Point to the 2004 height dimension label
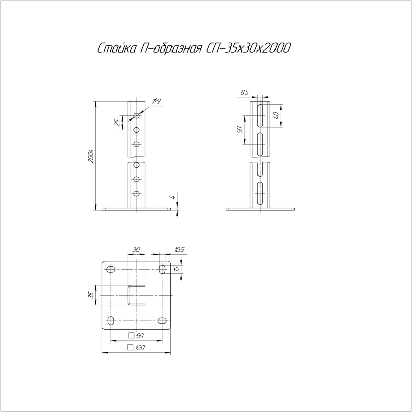pos(91,157)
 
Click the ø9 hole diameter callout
pos(157,101)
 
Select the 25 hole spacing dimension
pos(117,123)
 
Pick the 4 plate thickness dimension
pos(173,197)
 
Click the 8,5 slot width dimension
pos(244,92)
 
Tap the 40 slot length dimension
pos(276,115)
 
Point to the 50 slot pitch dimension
pos(240,130)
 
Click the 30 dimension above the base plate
pos(136,249)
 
